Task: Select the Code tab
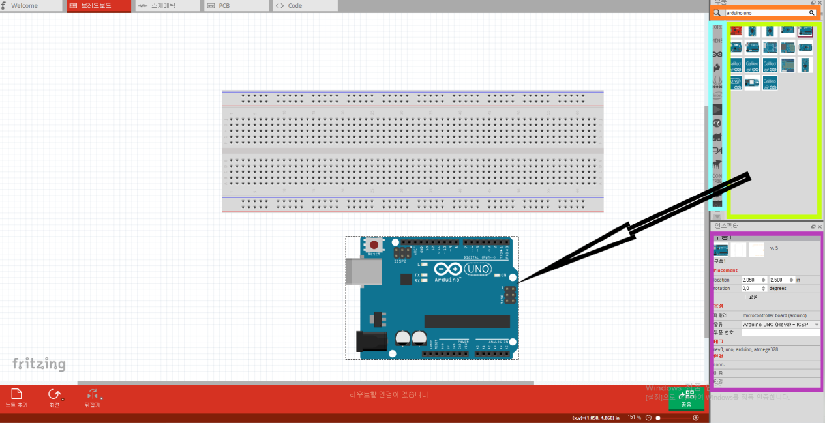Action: coord(294,6)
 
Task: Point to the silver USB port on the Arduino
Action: coord(361,272)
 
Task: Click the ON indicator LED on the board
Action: coord(496,276)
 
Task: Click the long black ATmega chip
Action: coord(467,321)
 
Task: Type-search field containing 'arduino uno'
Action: coord(766,13)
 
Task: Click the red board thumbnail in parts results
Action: coord(736,31)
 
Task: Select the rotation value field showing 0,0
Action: coord(753,288)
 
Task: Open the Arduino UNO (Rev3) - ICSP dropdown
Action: coord(780,324)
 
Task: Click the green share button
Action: coord(686,398)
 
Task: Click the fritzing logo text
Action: coord(39,364)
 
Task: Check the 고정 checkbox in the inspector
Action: coord(744,297)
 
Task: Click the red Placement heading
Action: coord(726,270)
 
